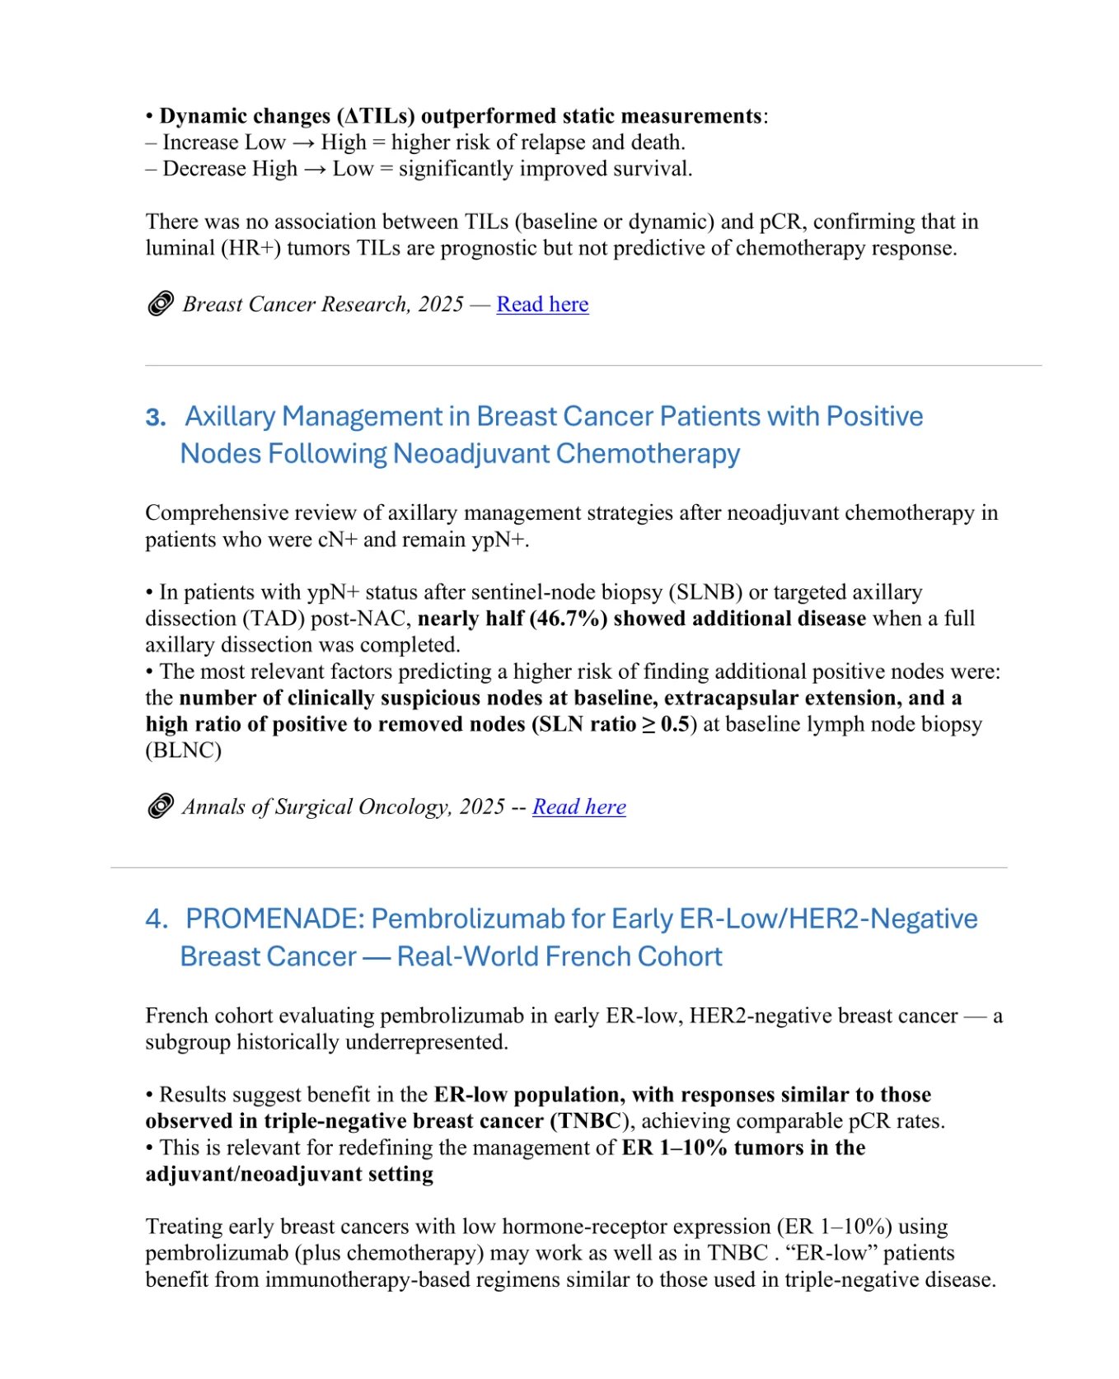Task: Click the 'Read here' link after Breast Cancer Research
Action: coord(542,304)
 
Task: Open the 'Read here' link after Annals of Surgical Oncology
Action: coord(578,806)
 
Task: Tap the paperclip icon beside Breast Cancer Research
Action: coord(161,304)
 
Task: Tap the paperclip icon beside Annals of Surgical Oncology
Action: coord(161,806)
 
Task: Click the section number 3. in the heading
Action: coord(156,418)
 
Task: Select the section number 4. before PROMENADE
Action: coord(157,919)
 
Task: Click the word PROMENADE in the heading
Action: coord(274,919)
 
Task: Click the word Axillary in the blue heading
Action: coord(229,417)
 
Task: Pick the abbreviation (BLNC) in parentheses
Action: coord(183,750)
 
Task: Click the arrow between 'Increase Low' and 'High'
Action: coord(303,143)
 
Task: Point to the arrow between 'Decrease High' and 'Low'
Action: coord(315,170)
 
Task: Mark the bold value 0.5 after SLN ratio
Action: coord(674,724)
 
